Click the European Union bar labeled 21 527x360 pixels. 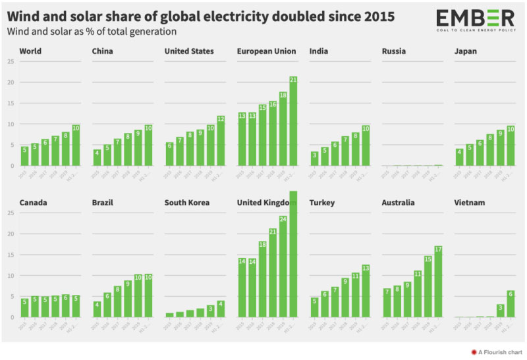293,122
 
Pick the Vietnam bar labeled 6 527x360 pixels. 511,304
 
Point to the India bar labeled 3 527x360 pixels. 314,159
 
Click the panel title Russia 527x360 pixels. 394,51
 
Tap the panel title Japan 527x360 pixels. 466,51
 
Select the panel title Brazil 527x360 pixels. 104,203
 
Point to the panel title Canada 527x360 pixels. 33,203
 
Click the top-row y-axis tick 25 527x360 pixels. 10,62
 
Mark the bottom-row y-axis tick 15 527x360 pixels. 10,255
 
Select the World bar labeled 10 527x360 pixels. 76,145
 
